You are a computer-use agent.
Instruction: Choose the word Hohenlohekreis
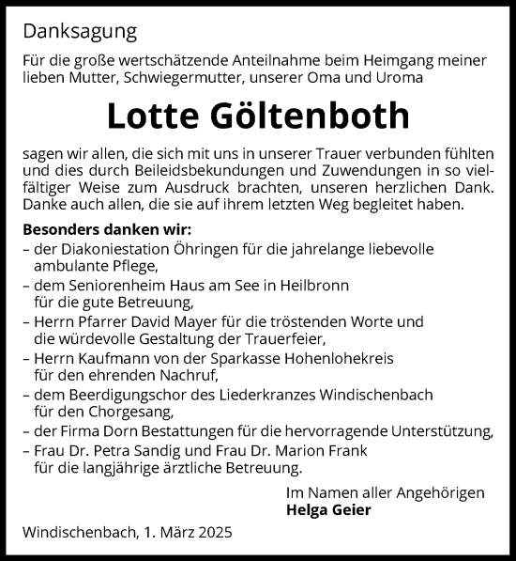pos(359,357)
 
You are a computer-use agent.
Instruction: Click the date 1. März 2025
pos(184,533)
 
